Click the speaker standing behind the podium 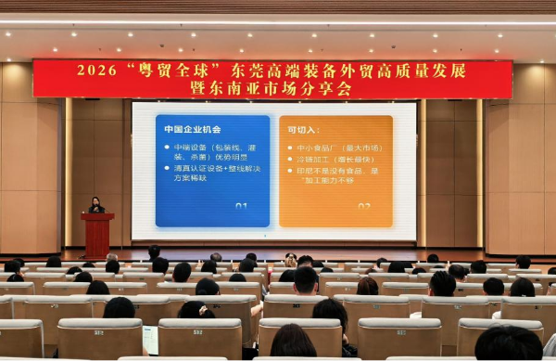(x=95, y=205)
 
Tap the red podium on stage (x=96, y=233)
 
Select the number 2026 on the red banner (x=96, y=71)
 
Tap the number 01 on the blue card (x=241, y=206)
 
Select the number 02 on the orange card (x=363, y=206)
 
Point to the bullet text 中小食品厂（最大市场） (x=339, y=148)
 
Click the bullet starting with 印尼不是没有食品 (x=338, y=174)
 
